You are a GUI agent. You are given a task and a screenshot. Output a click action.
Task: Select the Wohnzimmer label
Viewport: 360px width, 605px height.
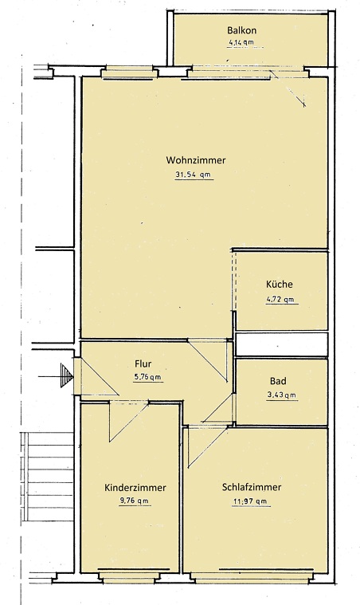coord(196,160)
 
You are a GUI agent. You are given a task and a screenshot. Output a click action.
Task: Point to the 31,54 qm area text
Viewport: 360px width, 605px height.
coord(194,175)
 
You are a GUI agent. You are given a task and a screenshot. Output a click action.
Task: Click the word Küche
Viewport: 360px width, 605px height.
coord(280,285)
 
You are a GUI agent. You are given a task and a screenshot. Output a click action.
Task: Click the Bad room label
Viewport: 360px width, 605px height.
coord(280,381)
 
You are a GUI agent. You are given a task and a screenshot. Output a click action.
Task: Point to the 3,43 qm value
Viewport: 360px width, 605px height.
coord(280,395)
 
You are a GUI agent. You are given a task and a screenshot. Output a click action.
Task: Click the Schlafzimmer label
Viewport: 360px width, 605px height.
coord(252,487)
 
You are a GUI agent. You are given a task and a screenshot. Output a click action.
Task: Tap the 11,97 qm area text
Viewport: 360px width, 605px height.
coord(249,501)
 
